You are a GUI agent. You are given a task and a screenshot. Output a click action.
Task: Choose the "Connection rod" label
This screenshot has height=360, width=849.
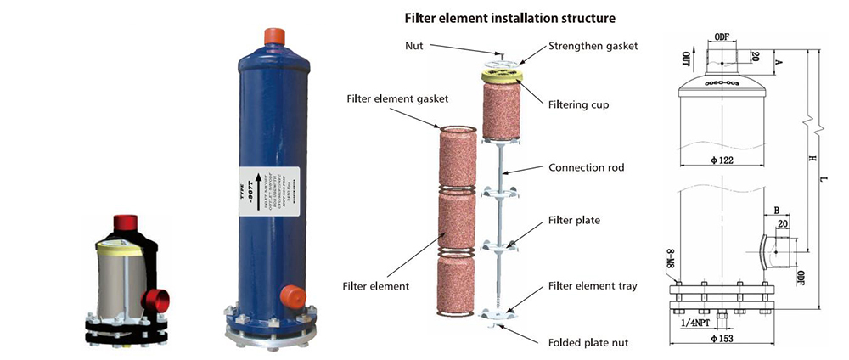pyautogui.click(x=586, y=167)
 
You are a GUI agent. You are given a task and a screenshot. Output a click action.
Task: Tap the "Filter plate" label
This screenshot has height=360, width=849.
pyautogui.click(x=574, y=220)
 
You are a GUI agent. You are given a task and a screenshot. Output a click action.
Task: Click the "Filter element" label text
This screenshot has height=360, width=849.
pyautogui.click(x=377, y=286)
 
